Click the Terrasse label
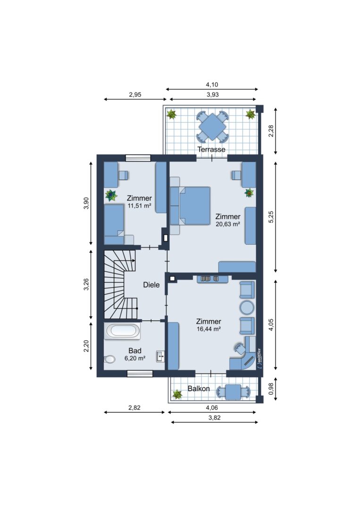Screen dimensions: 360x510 [211, 149]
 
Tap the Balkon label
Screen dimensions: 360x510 [199, 388]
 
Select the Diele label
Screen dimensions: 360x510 [151, 285]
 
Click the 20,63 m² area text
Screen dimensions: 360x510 [228, 224]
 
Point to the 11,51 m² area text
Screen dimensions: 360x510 [139, 205]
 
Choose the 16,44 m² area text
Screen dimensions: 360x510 [209, 329]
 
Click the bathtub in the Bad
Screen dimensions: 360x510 [123, 331]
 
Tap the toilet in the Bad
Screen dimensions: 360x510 [110, 359]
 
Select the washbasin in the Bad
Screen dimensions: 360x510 [160, 357]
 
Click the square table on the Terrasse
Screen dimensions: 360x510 [212, 127]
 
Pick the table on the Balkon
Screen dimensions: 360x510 [233, 392]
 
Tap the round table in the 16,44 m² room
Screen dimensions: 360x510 [247, 307]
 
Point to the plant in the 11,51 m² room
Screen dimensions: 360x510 [111, 195]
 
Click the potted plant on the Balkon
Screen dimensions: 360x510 [177, 394]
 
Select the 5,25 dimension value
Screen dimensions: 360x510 [271, 217]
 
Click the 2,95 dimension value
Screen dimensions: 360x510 [135, 94]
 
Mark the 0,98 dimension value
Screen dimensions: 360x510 [271, 388]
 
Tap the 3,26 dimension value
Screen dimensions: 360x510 [86, 284]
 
